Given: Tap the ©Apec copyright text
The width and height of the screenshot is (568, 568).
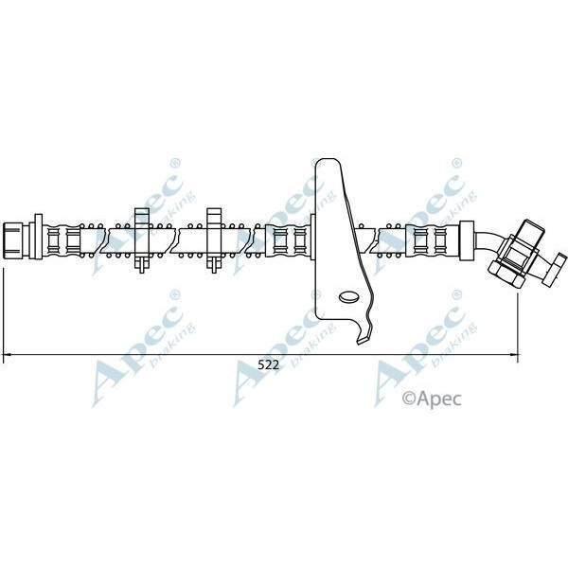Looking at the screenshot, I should point(432,399).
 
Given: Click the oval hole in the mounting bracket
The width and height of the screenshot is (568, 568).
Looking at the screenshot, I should point(350,298).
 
